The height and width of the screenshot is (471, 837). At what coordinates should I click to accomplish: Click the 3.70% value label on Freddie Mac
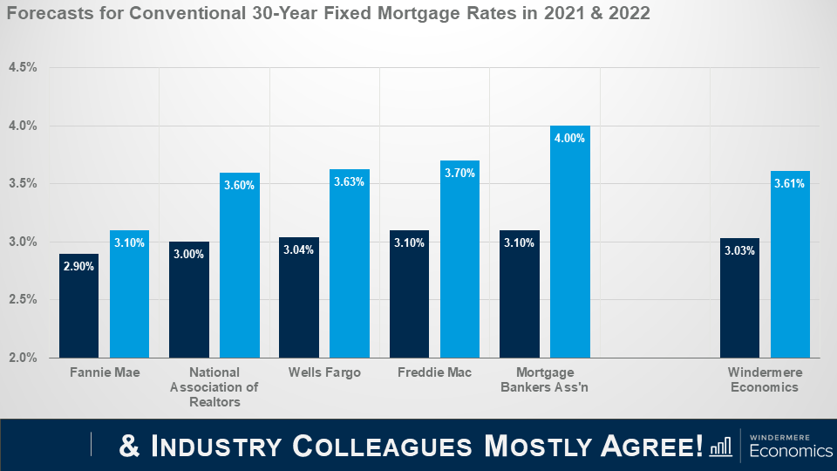(459, 173)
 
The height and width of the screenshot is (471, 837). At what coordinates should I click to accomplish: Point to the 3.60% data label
(239, 185)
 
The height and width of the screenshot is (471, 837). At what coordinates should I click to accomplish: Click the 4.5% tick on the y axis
(23, 68)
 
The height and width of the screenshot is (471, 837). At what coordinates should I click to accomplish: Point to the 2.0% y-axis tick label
(23, 358)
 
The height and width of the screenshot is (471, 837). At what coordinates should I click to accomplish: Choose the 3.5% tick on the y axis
(23, 184)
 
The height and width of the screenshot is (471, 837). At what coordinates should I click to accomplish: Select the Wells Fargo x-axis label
(324, 372)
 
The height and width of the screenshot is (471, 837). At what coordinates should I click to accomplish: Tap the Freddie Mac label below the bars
(434, 372)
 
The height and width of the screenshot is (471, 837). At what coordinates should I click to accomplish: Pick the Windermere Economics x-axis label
(765, 379)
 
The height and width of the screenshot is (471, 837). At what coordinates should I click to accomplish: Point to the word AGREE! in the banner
(649, 446)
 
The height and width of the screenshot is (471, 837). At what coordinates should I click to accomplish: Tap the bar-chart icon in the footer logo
(721, 447)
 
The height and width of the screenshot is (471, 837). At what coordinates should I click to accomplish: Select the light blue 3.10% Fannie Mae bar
(129, 297)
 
